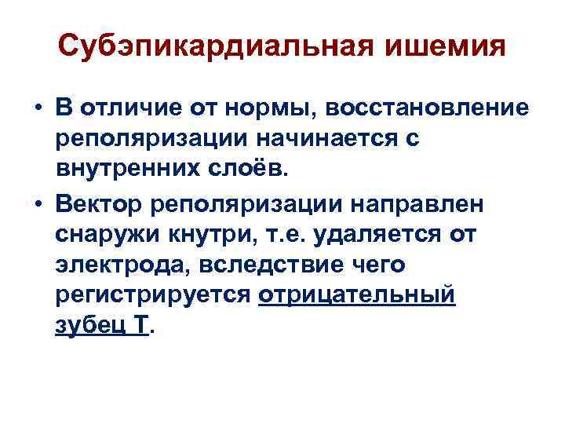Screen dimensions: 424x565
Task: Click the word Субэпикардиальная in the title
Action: coord(211,49)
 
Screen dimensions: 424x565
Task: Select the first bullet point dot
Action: coord(38,108)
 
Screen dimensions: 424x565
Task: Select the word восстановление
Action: coord(428,108)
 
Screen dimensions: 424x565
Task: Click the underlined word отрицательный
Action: coord(361,297)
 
